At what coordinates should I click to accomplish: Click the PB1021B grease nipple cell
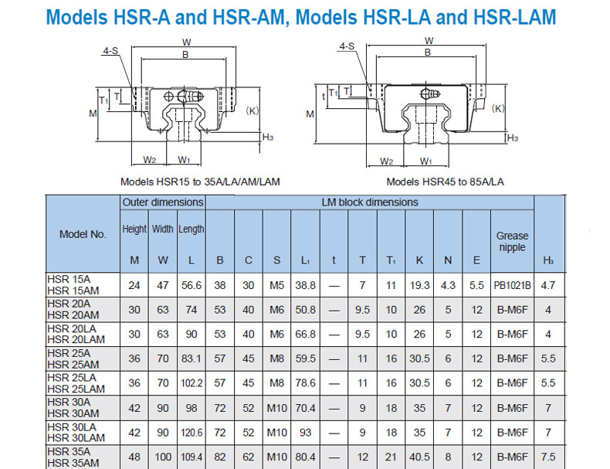[512, 285]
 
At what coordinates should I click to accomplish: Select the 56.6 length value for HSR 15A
[191, 285]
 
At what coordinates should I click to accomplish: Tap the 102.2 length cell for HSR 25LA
[191, 382]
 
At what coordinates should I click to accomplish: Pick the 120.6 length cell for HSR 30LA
[191, 432]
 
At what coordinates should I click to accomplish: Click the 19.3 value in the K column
[419, 285]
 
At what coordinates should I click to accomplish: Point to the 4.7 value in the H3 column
[548, 285]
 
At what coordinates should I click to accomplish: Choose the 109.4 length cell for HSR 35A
[191, 457]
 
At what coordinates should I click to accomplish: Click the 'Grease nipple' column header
[512, 241]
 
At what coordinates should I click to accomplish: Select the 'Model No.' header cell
[83, 235]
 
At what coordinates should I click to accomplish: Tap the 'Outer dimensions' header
[163, 202]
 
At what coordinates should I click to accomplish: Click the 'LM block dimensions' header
[369, 202]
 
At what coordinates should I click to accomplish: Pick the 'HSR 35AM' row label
[73, 462]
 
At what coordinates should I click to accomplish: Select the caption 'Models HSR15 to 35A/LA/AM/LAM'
[200, 182]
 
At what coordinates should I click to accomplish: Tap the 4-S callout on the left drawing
[110, 52]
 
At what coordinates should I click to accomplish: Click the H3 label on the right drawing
[512, 138]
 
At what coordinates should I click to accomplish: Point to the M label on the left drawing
[93, 114]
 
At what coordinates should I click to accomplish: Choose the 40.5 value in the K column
[419, 457]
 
